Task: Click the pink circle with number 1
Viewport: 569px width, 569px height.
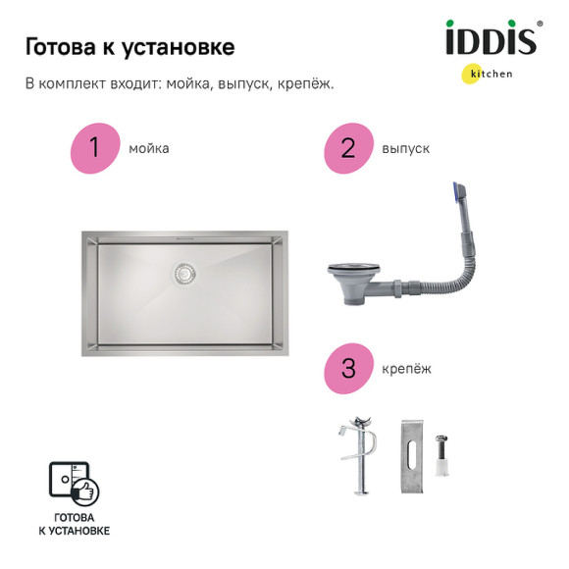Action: tap(94, 148)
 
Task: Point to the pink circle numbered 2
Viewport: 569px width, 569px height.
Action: tap(347, 148)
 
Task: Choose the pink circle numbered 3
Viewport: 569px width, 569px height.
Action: tap(347, 369)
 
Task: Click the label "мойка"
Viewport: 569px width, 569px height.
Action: tap(149, 149)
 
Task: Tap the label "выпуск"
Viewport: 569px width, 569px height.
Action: tap(406, 149)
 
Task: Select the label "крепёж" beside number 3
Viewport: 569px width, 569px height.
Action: tap(406, 370)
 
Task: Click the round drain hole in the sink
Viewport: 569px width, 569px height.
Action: tap(183, 274)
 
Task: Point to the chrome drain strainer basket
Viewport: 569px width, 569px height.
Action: tap(349, 278)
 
